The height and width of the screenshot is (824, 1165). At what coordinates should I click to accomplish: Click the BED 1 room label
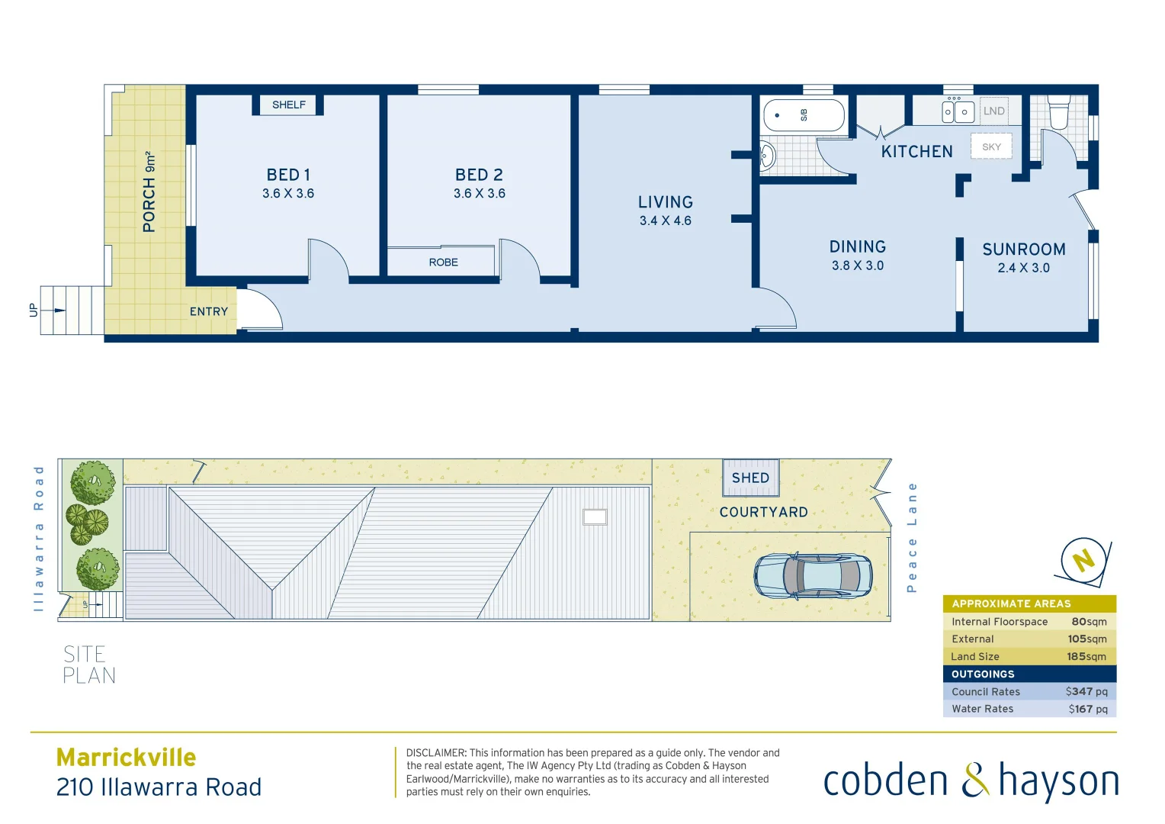288,175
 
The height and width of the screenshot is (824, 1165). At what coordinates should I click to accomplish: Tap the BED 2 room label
479,175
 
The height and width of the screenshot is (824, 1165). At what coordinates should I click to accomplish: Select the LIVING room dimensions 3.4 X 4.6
665,221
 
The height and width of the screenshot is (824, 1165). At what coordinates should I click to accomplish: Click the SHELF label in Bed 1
288,105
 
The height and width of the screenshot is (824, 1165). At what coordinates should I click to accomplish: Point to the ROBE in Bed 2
443,262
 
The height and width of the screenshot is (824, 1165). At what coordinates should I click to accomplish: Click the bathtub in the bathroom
804,115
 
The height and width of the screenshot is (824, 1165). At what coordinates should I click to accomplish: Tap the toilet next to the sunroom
1059,113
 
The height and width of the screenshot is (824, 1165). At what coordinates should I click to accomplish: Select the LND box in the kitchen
993,111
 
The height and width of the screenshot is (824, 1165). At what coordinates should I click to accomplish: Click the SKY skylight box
991,146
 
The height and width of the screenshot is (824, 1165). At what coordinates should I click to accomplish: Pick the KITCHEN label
916,152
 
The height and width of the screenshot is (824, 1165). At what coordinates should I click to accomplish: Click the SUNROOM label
1023,249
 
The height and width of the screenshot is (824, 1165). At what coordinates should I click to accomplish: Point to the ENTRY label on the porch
209,311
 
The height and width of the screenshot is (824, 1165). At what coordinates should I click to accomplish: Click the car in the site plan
813,575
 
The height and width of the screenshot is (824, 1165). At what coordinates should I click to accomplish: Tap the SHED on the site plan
750,478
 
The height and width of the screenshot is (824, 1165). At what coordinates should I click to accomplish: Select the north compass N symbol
1083,561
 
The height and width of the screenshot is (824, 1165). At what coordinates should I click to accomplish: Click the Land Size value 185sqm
1086,656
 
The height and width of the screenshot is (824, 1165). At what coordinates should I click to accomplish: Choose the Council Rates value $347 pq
1086,691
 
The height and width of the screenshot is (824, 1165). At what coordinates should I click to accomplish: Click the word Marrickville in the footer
126,757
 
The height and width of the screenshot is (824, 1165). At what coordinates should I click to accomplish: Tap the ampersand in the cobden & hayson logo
974,781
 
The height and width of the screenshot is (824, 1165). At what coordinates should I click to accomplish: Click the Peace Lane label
911,537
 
